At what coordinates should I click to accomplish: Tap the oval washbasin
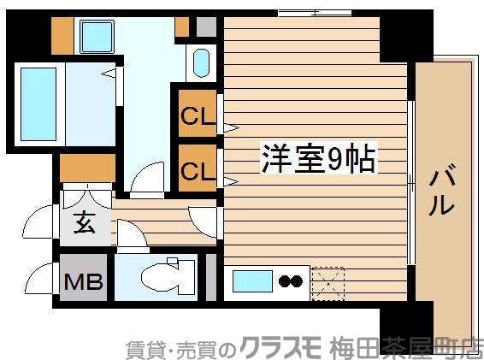pyautogui.click(x=201, y=64)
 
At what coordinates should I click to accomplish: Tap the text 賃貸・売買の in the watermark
pyautogui.click(x=180, y=347)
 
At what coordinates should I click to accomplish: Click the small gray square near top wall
pyautogui.click(x=205, y=26)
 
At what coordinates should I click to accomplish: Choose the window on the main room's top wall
pyautogui.click(x=315, y=13)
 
